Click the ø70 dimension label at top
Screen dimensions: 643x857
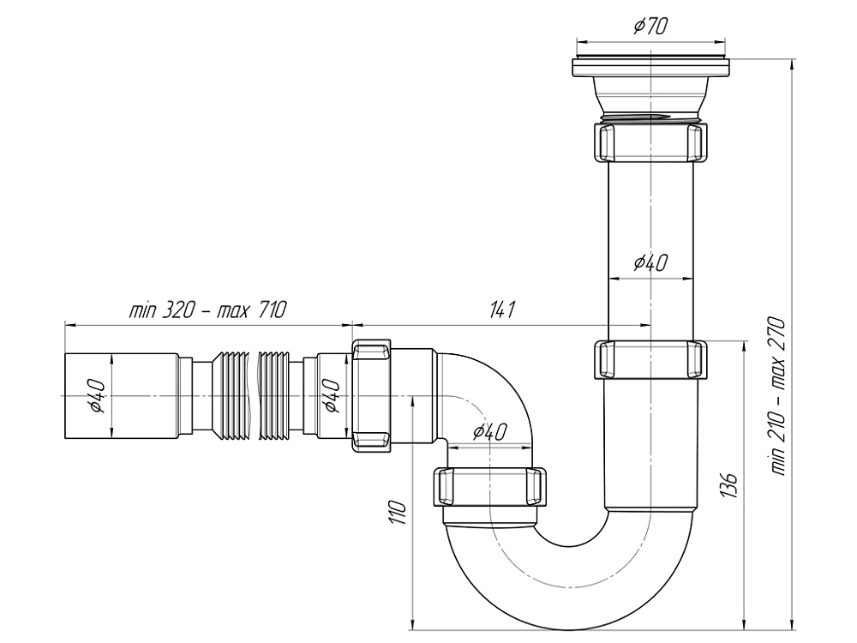coord(650,27)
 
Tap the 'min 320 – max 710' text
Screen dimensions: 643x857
coord(207,310)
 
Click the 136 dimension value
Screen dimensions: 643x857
coord(730,487)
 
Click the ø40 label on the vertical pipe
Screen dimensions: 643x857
coord(650,263)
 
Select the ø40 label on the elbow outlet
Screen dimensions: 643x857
coord(488,433)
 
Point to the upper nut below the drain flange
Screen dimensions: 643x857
coord(651,141)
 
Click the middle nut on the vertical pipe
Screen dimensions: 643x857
coord(651,360)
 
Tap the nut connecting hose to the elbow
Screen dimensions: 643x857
coord(372,395)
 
